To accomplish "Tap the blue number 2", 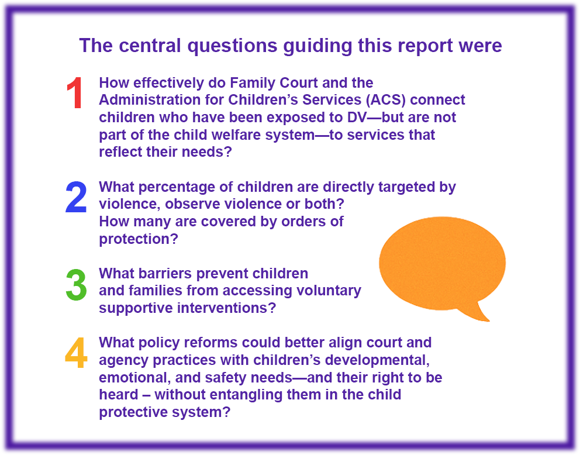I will [x=76, y=198].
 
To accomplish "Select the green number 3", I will [x=76, y=286].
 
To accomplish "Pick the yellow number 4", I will [x=76, y=354].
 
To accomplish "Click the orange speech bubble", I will [x=442, y=262].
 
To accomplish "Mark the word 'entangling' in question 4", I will [x=251, y=394].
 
